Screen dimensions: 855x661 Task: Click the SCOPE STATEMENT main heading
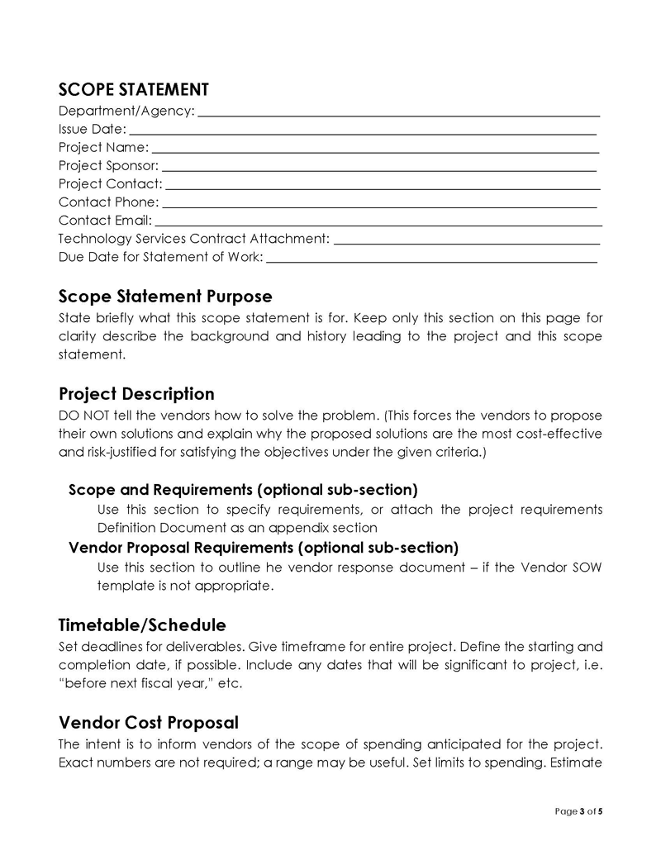(133, 89)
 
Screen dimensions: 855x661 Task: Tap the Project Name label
(103, 148)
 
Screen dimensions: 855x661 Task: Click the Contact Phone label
(108, 202)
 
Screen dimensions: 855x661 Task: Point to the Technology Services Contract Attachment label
(194, 239)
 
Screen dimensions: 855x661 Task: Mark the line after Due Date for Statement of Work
(431, 260)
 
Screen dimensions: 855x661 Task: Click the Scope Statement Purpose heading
(165, 296)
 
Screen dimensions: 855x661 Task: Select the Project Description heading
(136, 394)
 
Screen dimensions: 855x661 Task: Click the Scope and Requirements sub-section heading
(243, 490)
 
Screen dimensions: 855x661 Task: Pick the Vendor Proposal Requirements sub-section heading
(263, 548)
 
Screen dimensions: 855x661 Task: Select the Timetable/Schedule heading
(142, 625)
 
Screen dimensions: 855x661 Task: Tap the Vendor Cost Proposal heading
(149, 723)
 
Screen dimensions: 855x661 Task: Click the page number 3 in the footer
(582, 811)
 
